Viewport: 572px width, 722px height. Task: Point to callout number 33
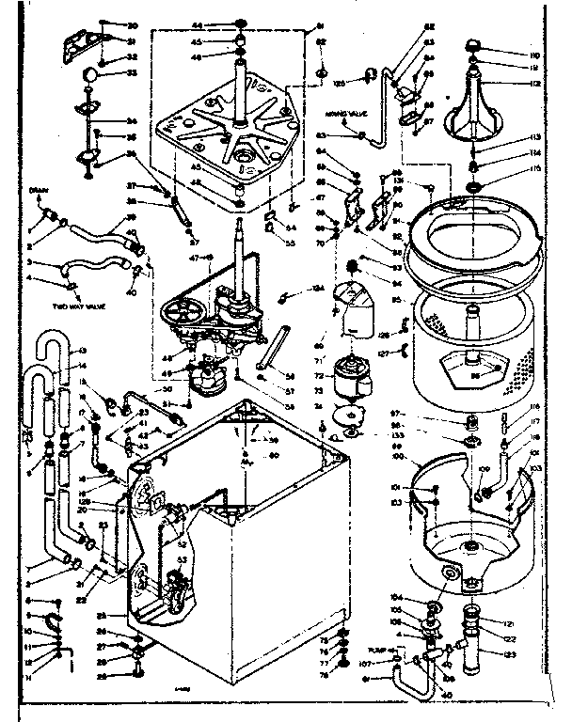pyautogui.click(x=132, y=73)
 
